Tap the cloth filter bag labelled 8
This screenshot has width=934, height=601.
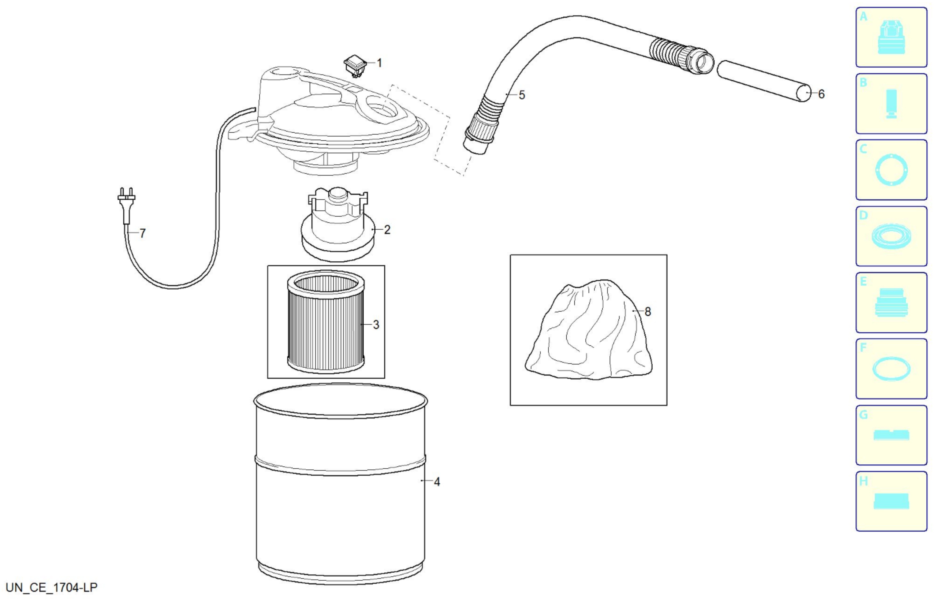[x=589, y=330]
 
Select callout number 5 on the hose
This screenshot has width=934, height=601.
[x=522, y=95]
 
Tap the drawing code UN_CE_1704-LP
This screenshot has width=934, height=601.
[x=51, y=587]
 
